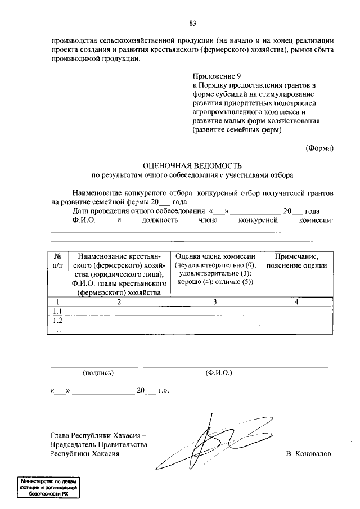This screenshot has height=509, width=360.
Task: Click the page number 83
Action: [192, 23]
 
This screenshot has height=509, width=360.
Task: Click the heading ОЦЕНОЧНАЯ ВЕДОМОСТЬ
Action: [192, 165]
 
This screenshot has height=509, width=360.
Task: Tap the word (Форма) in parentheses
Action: [319, 148]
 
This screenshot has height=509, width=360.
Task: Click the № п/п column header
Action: [57, 260]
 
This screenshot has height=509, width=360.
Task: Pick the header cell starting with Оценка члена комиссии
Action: [215, 269]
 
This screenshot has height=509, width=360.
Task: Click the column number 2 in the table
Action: [119, 302]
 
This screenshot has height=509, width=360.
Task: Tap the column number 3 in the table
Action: [215, 302]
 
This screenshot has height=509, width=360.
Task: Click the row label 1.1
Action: [57, 312]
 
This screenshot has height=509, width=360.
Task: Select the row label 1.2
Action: [57, 321]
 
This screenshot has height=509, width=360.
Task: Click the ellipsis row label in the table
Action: [57, 330]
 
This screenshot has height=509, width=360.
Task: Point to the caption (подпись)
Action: [98, 372]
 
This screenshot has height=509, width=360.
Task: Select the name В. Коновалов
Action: [308, 453]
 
